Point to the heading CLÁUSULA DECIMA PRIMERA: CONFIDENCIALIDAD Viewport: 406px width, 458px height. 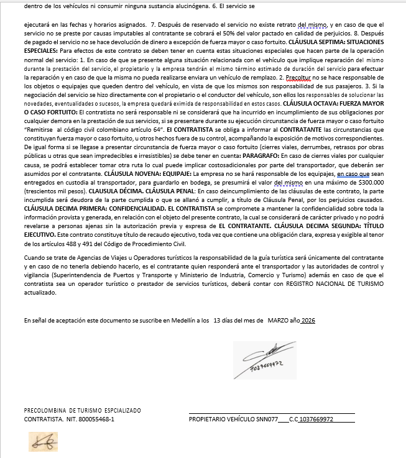click(87, 209)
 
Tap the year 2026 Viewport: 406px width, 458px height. click(308, 320)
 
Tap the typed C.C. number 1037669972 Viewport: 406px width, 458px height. click(316, 419)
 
